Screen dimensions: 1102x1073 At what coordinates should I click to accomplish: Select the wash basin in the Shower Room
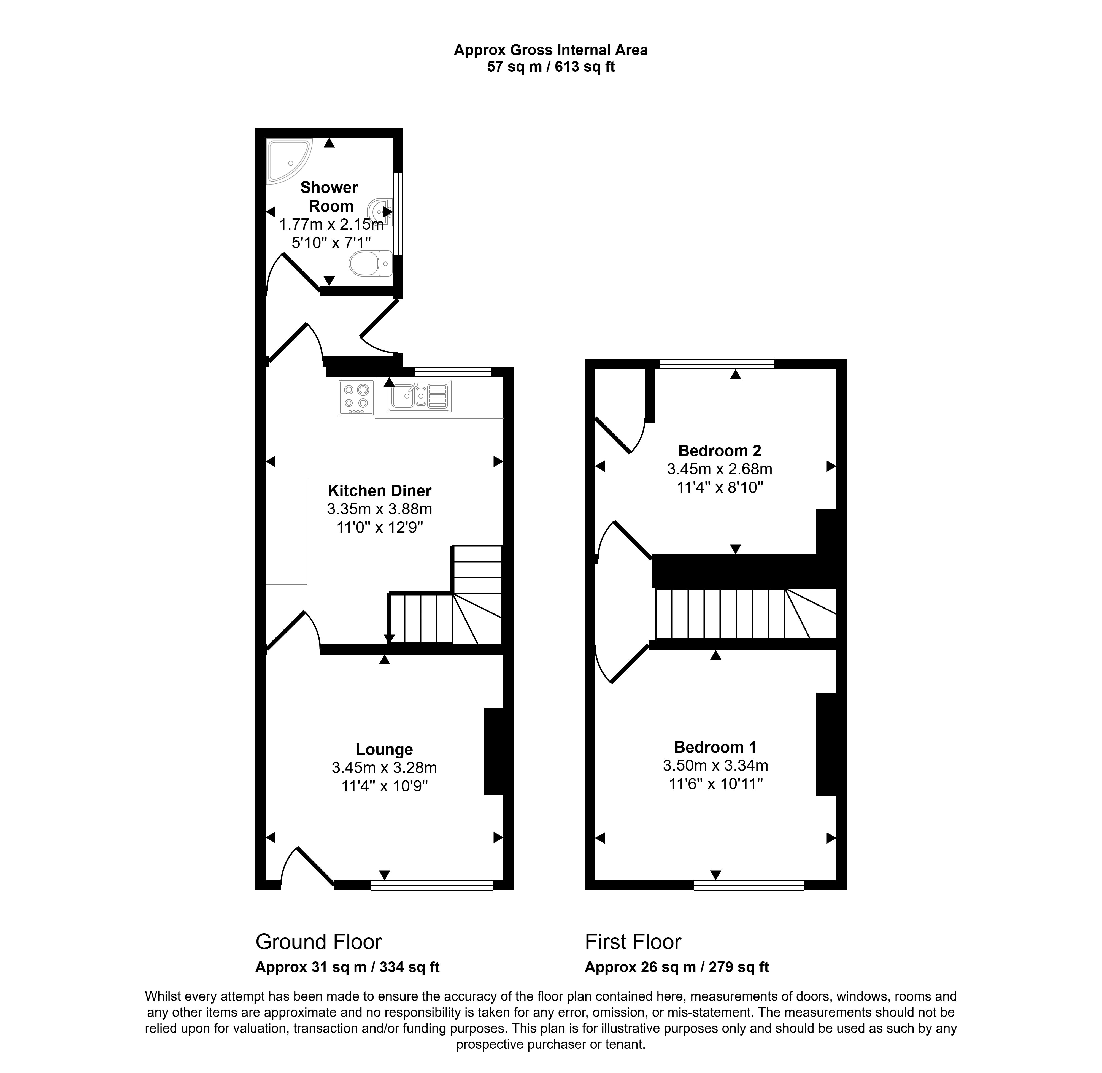380,211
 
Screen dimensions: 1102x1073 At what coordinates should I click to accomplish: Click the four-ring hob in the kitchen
356,398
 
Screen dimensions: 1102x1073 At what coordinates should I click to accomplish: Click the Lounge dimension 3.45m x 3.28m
384,767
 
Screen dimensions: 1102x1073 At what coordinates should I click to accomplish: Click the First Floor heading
633,942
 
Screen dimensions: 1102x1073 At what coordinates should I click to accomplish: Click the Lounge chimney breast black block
494,751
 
